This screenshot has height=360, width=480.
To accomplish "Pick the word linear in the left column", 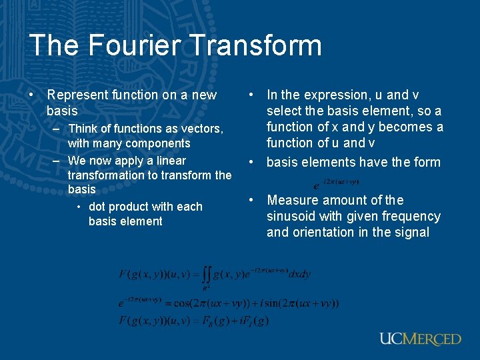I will tap(171, 161).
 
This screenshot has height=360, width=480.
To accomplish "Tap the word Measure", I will tap(293, 200).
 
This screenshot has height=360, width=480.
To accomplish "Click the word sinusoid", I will tap(293, 217).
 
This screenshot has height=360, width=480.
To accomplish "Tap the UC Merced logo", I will tap(420, 339).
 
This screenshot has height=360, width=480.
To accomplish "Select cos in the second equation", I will tap(183, 303).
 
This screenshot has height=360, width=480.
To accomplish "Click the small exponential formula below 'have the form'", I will tap(337, 182).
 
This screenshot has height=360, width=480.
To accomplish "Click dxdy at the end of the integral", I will tap(300, 274).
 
